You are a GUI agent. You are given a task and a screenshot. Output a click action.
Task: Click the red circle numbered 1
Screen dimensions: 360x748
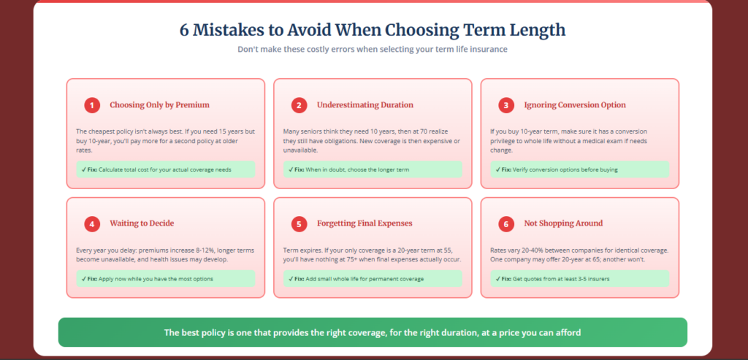tap(91, 105)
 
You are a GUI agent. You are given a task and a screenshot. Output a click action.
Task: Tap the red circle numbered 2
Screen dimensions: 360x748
tap(299, 105)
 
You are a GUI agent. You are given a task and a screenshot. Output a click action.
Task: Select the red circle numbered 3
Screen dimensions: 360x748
tap(505, 105)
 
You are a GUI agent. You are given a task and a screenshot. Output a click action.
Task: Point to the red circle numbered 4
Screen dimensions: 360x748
tap(91, 223)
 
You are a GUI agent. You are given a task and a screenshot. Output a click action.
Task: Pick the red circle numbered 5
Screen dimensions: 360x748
tap(299, 223)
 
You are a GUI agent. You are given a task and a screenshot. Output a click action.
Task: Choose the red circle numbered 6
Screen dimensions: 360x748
tap(505, 223)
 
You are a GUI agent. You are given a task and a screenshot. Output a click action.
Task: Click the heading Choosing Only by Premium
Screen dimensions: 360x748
tap(159, 105)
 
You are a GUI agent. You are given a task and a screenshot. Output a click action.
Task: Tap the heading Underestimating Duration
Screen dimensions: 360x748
tap(365, 105)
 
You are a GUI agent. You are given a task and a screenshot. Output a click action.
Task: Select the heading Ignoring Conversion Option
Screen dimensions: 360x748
tap(575, 105)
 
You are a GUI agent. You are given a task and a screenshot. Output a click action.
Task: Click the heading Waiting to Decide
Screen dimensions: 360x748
tap(142, 223)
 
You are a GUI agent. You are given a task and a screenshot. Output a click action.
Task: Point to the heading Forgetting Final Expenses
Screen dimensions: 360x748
tap(365, 223)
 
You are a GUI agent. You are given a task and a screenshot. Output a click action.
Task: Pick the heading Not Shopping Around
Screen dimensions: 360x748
tap(563, 223)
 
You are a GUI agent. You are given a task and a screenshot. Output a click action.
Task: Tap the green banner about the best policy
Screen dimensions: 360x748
tap(373, 332)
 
